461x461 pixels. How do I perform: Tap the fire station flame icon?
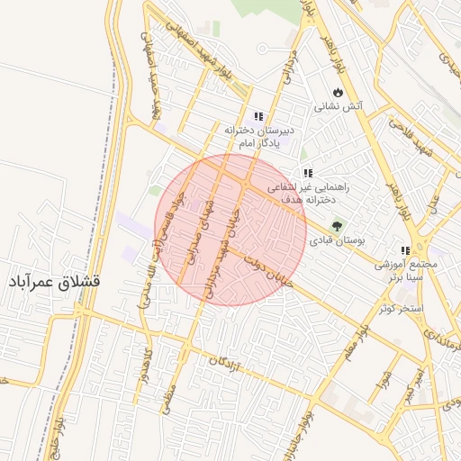337,92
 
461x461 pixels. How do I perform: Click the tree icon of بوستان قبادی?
337,226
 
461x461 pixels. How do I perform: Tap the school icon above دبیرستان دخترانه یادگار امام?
259,117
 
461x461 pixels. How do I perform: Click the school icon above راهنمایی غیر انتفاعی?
308,173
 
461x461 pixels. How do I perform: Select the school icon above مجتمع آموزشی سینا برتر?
404,250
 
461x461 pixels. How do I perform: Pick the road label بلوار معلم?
356,342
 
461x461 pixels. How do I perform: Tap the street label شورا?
385,368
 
